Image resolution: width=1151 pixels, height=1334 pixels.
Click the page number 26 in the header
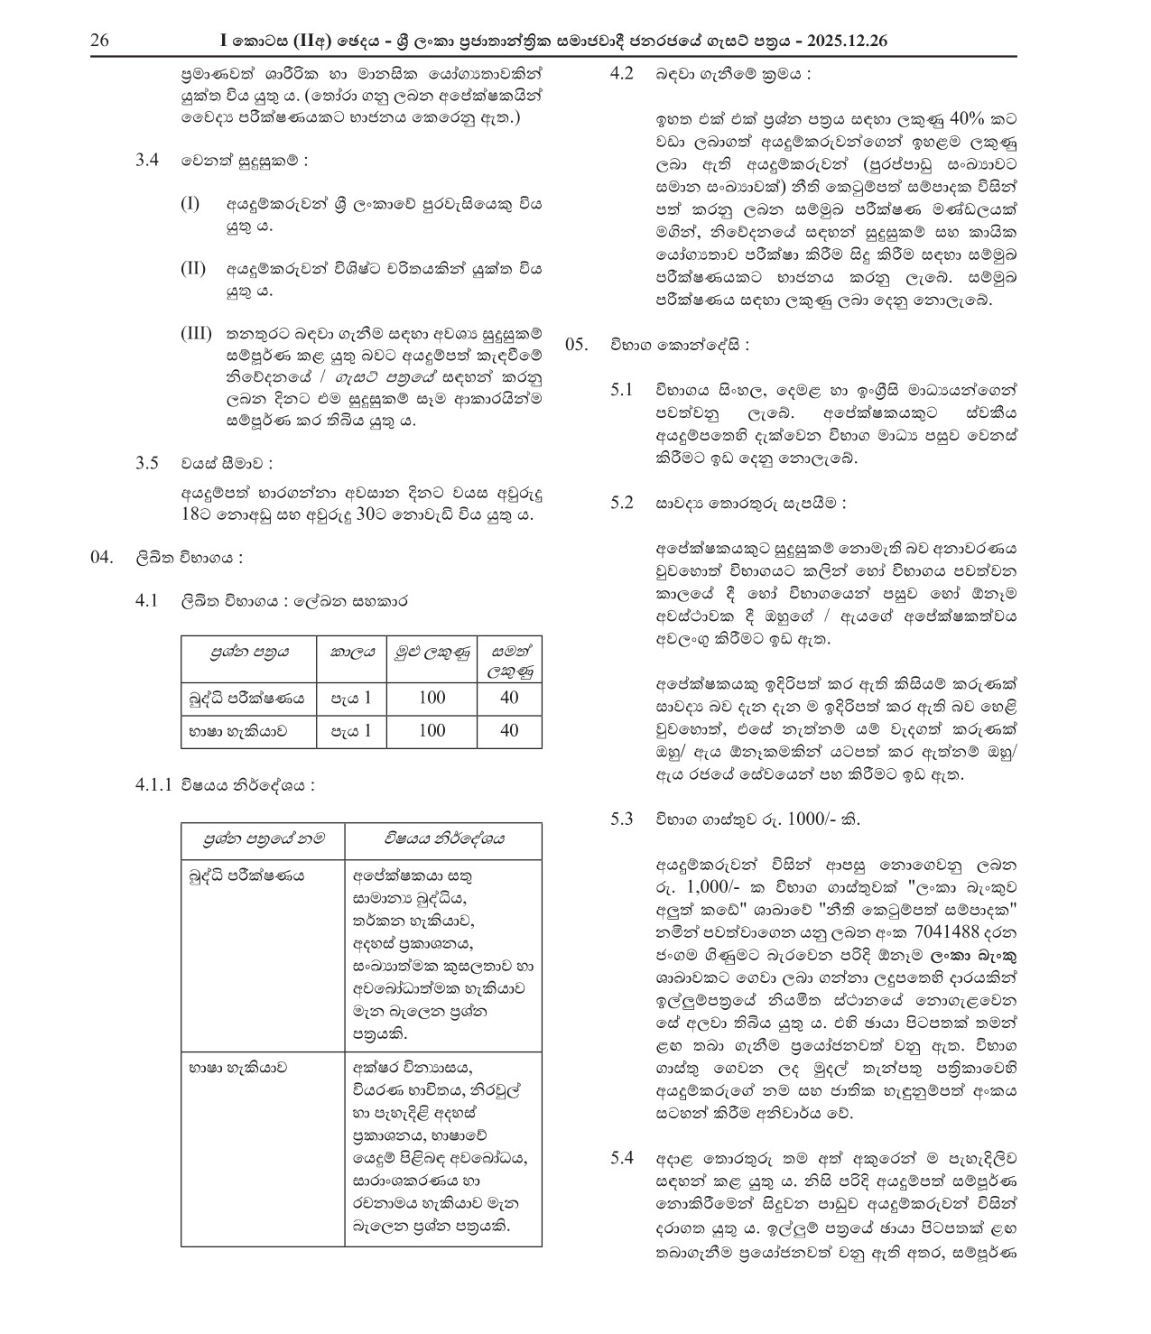coord(99,42)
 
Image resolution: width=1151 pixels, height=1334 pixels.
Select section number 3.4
coord(147,161)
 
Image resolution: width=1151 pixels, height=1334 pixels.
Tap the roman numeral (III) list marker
coord(196,334)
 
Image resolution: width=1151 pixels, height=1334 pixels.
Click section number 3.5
coord(147,463)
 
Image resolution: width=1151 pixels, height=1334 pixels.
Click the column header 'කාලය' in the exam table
coord(352,651)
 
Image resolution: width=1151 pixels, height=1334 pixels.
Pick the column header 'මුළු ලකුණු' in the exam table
coord(432,651)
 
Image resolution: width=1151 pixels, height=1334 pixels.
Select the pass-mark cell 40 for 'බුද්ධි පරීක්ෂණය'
coord(509,698)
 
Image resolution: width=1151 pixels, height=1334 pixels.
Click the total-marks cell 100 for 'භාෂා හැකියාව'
coord(432,730)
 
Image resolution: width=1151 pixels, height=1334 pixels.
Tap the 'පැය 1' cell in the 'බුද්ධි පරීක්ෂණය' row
coord(350,698)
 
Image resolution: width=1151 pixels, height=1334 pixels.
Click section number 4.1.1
coord(154,785)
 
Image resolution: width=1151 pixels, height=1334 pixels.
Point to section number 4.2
coord(622,74)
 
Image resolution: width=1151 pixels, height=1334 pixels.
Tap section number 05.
coord(577,345)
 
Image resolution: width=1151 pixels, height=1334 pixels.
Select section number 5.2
coord(622,503)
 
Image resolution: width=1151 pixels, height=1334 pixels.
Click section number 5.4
coord(622,1157)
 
